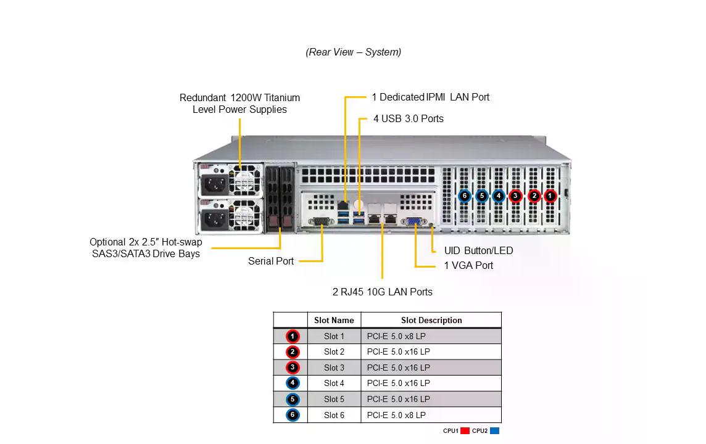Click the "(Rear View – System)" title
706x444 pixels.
tap(353, 52)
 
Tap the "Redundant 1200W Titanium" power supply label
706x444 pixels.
tap(239, 97)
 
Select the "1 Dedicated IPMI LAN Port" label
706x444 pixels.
tap(430, 97)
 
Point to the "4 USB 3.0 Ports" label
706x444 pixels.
tap(408, 118)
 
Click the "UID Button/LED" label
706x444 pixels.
tap(478, 250)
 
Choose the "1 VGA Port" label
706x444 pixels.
tap(468, 266)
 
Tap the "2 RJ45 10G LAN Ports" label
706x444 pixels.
tap(383, 292)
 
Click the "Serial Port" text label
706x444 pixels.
tap(271, 261)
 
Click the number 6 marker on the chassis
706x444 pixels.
tap(465, 196)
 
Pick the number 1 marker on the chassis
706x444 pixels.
tap(550, 196)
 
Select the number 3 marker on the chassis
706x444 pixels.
tap(515, 196)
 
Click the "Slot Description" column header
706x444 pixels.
tap(431, 320)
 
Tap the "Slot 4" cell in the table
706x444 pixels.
tap(334, 384)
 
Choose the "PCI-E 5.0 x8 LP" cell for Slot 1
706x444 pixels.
tap(396, 337)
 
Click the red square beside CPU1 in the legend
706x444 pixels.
tap(465, 430)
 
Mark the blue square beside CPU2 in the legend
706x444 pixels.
tap(494, 430)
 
